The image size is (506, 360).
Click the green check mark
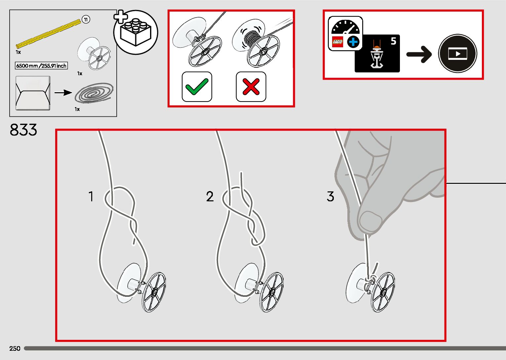[197, 87]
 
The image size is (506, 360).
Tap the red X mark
[251, 87]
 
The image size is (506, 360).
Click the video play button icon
[457, 54]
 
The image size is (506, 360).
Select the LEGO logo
[337, 42]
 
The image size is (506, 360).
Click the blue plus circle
[353, 42]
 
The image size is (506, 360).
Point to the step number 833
[23, 130]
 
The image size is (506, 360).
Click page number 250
[15, 348]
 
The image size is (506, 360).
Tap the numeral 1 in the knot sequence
[91, 197]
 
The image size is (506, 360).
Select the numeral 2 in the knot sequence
[210, 197]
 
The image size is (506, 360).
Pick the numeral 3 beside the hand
[331, 197]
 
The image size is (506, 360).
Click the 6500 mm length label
[41, 66]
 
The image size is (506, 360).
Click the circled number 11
[86, 20]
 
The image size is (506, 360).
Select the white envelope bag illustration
[33, 93]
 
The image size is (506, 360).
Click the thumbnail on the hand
[370, 221]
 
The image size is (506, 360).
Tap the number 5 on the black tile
[393, 41]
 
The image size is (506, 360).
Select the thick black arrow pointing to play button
[419, 54]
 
